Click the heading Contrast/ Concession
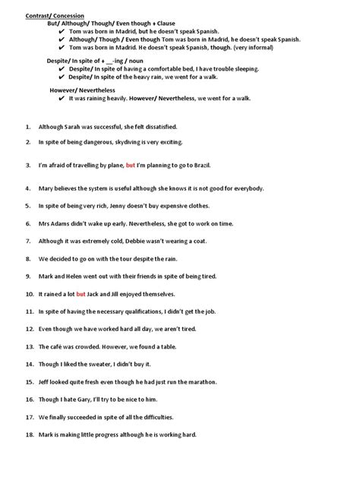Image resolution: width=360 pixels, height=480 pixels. coord(55,14)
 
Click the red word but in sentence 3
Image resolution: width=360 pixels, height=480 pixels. coord(131,165)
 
